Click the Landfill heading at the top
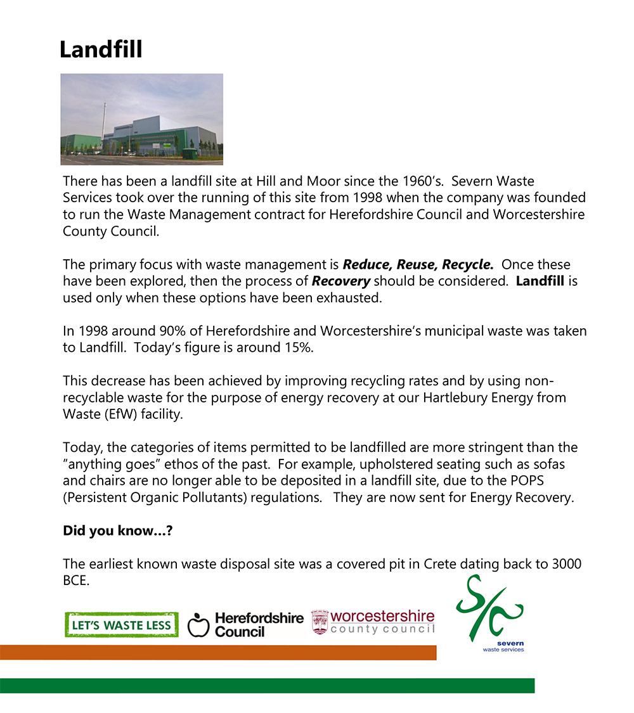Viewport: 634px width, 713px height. click(101, 50)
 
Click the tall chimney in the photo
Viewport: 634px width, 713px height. click(103, 120)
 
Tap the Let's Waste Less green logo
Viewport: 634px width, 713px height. click(121, 625)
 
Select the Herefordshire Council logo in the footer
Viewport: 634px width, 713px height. click(245, 624)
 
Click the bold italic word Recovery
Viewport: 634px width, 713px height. click(341, 281)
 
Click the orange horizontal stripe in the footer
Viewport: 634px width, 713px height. click(218, 653)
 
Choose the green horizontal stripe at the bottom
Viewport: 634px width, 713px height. click(267, 686)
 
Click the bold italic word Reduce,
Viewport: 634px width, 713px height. click(368, 264)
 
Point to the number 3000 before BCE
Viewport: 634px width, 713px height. click(566, 564)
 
